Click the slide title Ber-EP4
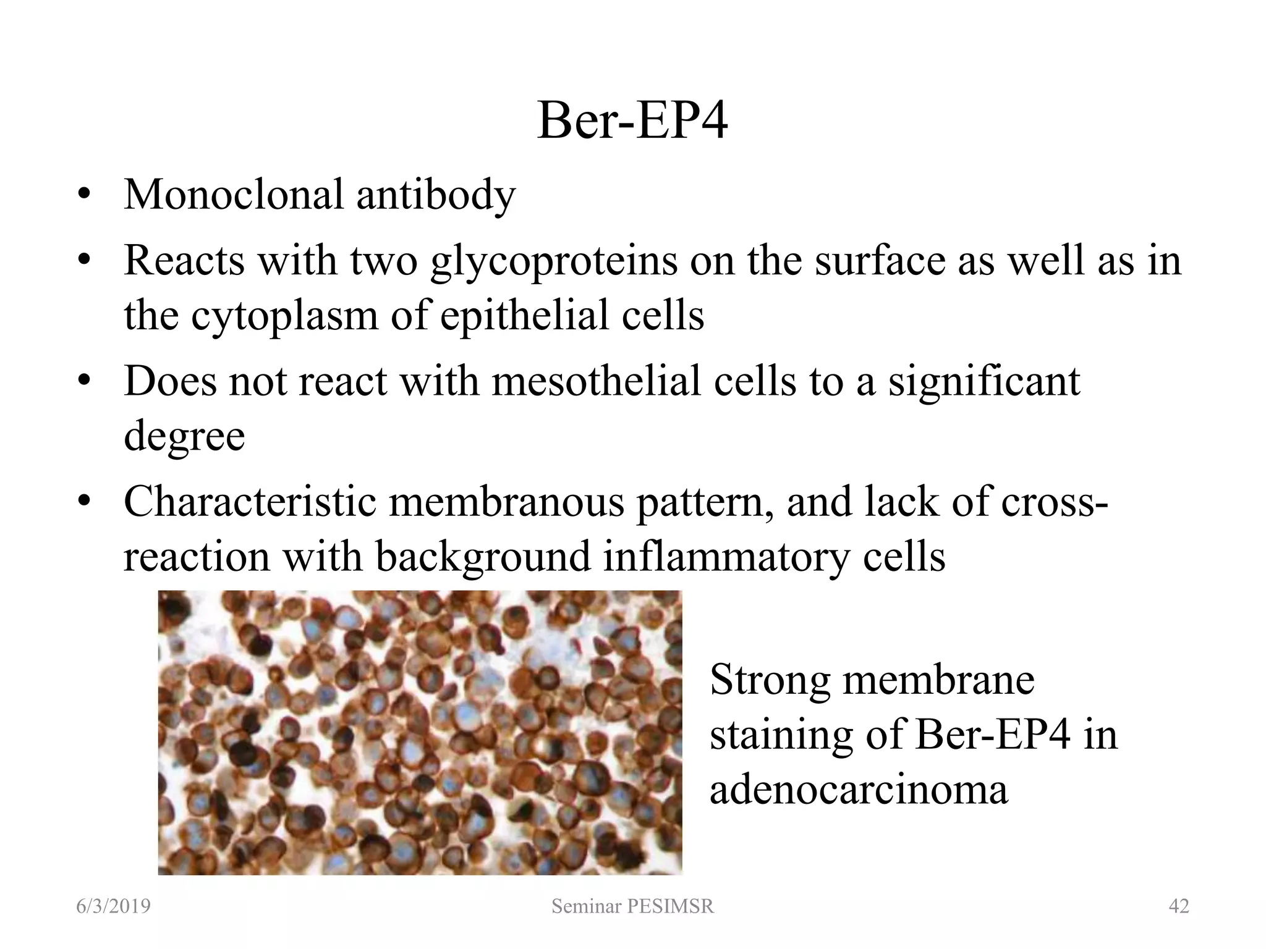click(x=632, y=122)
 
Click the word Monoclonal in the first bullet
click(x=234, y=195)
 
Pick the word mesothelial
click(x=597, y=381)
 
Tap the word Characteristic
click(x=250, y=502)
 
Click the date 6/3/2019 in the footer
click(x=113, y=906)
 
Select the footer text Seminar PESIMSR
click(x=632, y=906)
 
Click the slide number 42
click(x=1179, y=906)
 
